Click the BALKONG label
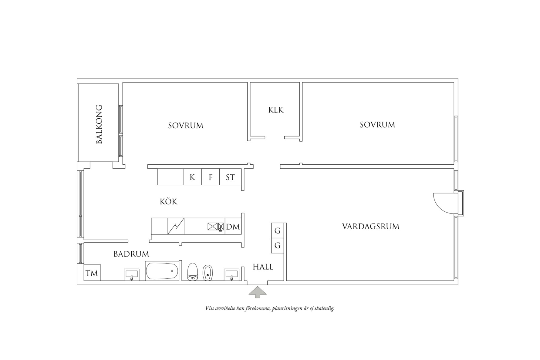click(99, 124)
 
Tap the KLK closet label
click(276, 110)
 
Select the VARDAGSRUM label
click(370, 227)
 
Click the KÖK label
click(168, 202)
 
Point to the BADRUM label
click(131, 254)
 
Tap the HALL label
click(263, 267)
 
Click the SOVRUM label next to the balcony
click(186, 126)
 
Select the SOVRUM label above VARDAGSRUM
click(377, 125)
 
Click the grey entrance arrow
click(257, 292)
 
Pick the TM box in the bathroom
click(92, 273)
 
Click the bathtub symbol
click(162, 271)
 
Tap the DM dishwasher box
click(233, 227)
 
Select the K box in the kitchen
click(192, 177)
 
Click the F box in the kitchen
click(211, 177)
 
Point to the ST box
click(230, 177)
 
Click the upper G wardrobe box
click(277, 231)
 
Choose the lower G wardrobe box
click(277, 245)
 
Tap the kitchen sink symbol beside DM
click(212, 226)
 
